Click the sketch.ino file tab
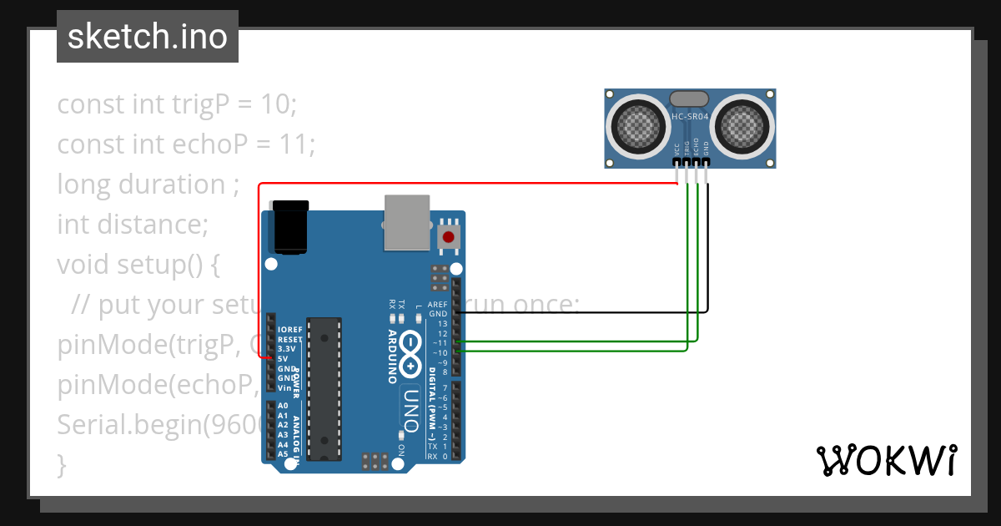[148, 37]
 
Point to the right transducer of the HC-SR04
[742, 127]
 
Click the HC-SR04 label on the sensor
[690, 117]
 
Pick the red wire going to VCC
[467, 184]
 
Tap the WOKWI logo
[886, 460]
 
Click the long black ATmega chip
[324, 388]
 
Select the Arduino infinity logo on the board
[410, 353]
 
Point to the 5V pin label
[283, 359]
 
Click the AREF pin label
[437, 305]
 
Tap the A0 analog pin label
[283, 406]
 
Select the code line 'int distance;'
[132, 225]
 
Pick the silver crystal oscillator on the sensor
[690, 99]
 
